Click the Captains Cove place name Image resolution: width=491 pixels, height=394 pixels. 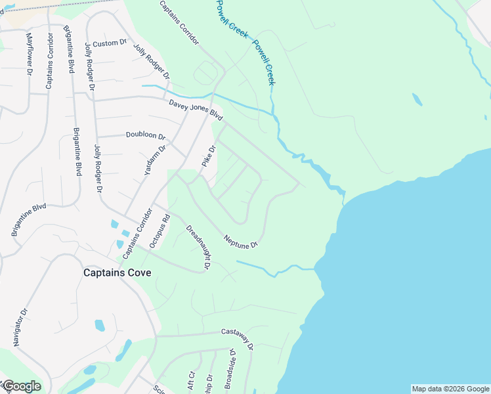(117, 273)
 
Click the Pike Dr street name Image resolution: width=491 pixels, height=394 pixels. (209, 156)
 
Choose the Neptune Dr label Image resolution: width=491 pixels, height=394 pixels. (240, 241)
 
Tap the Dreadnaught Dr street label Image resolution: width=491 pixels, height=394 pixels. (198, 248)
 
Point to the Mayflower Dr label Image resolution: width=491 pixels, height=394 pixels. (29, 54)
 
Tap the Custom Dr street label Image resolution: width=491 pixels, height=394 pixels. (109, 43)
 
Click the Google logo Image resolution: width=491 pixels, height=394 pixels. (21, 386)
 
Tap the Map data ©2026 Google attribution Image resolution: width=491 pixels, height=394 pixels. (450, 389)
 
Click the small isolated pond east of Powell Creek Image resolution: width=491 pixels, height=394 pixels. (416, 100)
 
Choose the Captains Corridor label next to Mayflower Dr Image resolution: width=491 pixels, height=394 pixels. (49, 59)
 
